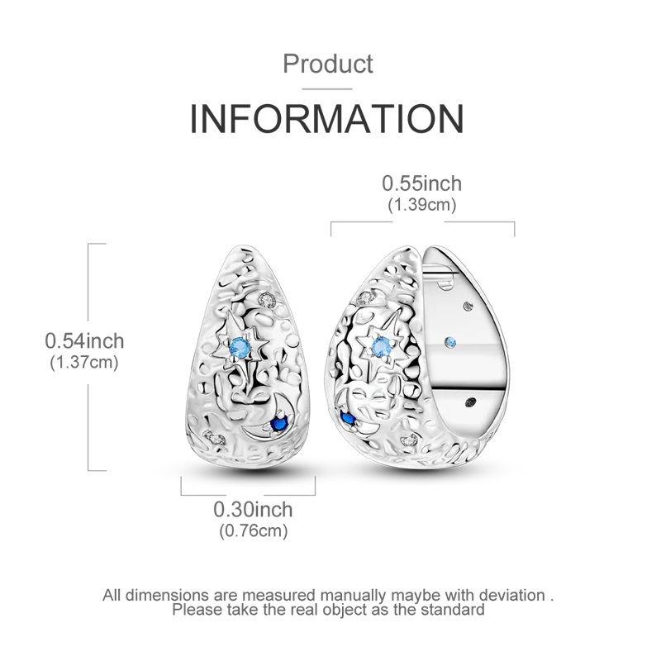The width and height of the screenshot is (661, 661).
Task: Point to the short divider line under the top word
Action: tap(329, 83)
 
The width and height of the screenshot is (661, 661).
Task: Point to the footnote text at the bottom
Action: tap(329, 602)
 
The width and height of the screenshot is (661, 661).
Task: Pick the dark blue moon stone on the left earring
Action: tap(279, 421)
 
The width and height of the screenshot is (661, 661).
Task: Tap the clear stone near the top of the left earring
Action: tap(265, 296)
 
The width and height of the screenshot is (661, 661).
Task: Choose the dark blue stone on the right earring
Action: tap(349, 419)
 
